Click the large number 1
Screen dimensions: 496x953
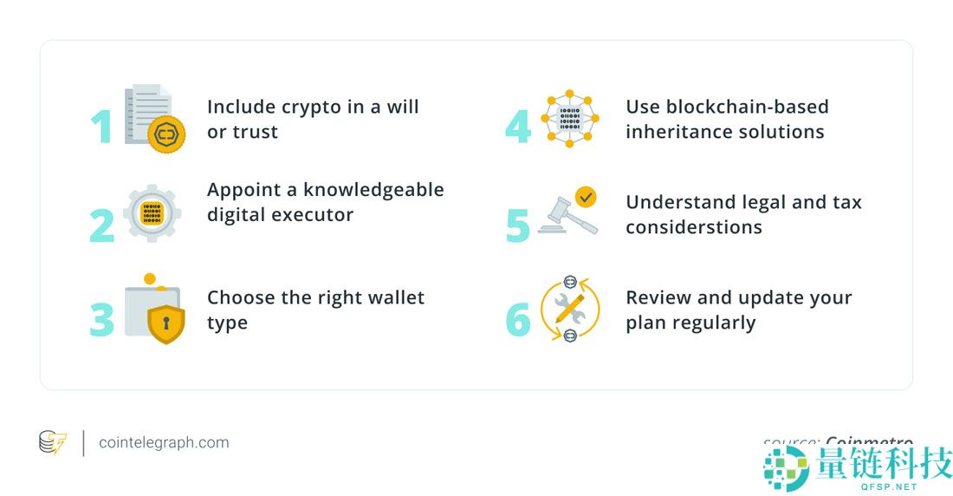click(102, 127)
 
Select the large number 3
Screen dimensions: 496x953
click(102, 319)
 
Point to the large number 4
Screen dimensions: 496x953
click(518, 127)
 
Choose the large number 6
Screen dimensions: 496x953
click(518, 319)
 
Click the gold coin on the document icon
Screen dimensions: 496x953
click(166, 134)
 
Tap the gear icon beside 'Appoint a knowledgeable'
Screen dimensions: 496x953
click(152, 212)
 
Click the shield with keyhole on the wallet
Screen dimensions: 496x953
click(165, 323)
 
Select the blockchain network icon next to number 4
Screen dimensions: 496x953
click(569, 118)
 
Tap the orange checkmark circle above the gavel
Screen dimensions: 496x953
click(587, 197)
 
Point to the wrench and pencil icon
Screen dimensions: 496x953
click(569, 310)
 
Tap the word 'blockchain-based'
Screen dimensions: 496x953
click(749, 107)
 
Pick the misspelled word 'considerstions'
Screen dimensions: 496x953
click(694, 227)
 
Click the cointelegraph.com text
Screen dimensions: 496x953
click(164, 442)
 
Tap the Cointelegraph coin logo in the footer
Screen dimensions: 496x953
click(53, 442)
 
